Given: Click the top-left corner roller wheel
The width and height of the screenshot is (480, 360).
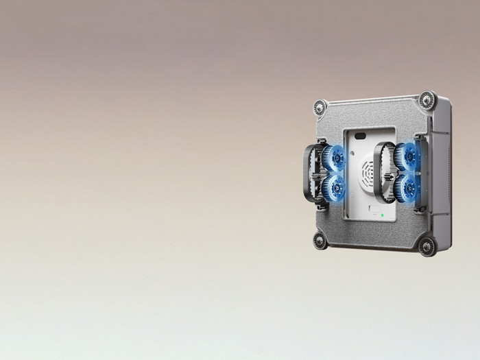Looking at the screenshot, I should [320, 108].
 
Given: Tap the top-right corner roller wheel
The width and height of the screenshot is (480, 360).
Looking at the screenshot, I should [427, 99].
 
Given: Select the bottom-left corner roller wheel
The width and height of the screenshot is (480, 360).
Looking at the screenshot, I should [320, 240].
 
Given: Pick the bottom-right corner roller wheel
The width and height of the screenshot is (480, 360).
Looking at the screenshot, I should [427, 246].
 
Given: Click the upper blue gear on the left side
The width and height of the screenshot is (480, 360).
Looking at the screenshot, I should [335, 158].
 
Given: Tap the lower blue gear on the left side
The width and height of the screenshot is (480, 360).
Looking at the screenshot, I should [335, 187].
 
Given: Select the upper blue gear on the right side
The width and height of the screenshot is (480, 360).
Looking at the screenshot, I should [409, 156].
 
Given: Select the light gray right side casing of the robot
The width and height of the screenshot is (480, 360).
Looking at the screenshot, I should [443, 171].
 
